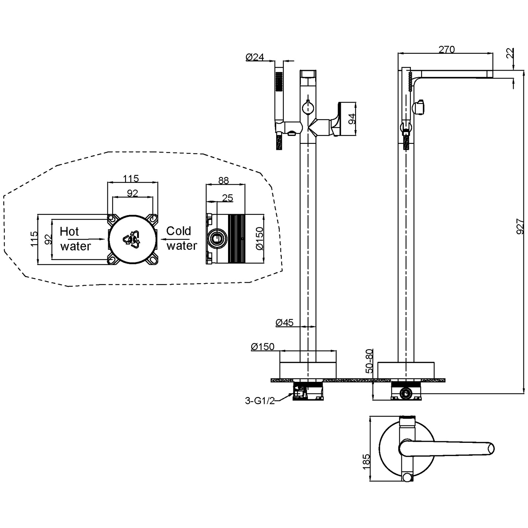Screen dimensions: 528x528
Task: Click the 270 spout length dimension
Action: [446, 49]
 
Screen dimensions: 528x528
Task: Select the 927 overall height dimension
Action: [520, 226]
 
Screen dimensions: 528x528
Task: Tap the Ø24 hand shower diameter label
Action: [255, 57]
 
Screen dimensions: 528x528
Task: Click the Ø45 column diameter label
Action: [284, 322]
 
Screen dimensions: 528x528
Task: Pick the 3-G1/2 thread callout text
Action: [260, 401]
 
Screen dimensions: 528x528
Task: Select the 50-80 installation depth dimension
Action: [369, 361]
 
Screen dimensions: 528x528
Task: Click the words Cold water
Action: [181, 238]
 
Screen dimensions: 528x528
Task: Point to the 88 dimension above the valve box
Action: [223, 181]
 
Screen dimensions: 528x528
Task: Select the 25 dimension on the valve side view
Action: [228, 198]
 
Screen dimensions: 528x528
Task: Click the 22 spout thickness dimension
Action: [510, 53]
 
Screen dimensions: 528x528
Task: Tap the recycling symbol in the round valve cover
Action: [131, 239]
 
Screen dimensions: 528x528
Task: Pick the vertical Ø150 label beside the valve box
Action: [260, 239]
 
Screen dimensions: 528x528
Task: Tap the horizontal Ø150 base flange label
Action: [263, 347]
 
